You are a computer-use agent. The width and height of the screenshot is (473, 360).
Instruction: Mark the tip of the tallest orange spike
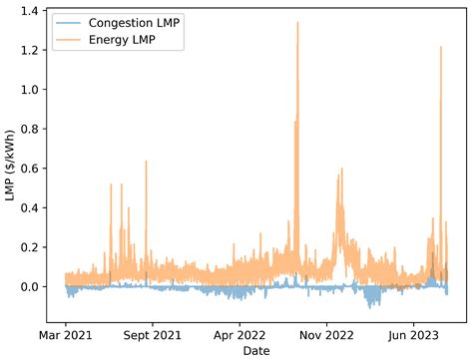tap(297, 22)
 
